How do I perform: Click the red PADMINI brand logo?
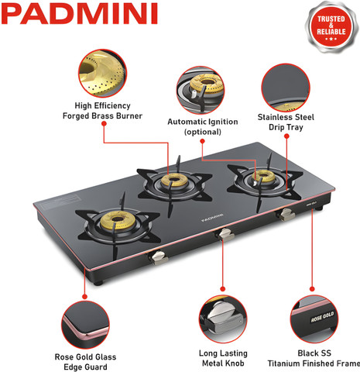coord(79,14)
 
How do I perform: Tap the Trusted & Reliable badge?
coord(331,28)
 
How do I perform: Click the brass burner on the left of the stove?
coord(118,220)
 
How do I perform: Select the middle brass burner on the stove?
coord(175,180)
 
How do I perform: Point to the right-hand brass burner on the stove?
coord(264,177)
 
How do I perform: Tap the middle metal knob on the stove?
coord(225,235)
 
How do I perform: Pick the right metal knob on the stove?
coord(286,215)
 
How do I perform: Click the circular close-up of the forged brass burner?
coord(102,74)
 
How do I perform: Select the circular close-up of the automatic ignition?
coord(201,90)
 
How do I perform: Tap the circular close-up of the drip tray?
coord(286,88)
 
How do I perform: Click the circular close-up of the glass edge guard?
coord(85,325)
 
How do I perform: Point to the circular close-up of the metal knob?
coord(223,319)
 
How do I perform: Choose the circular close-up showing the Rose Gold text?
coord(314,319)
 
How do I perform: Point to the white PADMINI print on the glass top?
coord(212,218)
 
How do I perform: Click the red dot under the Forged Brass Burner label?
coord(104,123)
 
